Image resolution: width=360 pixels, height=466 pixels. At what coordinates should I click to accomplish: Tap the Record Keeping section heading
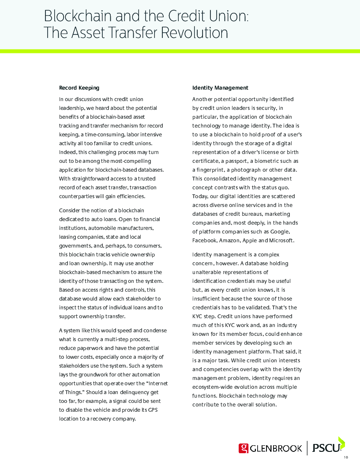[79, 88]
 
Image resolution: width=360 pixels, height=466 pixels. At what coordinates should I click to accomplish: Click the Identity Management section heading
[220, 88]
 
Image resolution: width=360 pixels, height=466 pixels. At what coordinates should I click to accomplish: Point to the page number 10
[346, 457]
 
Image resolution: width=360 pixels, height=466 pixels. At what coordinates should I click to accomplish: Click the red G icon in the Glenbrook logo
[244, 448]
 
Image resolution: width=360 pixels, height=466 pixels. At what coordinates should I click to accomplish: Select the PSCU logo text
[326, 448]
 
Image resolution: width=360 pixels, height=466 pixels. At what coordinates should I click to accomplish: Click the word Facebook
[205, 241]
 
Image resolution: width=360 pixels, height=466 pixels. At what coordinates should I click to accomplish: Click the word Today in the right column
[200, 196]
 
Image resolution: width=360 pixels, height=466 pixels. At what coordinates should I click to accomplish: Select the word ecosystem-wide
[213, 387]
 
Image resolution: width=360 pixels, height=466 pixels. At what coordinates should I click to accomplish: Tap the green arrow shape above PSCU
[341, 442]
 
